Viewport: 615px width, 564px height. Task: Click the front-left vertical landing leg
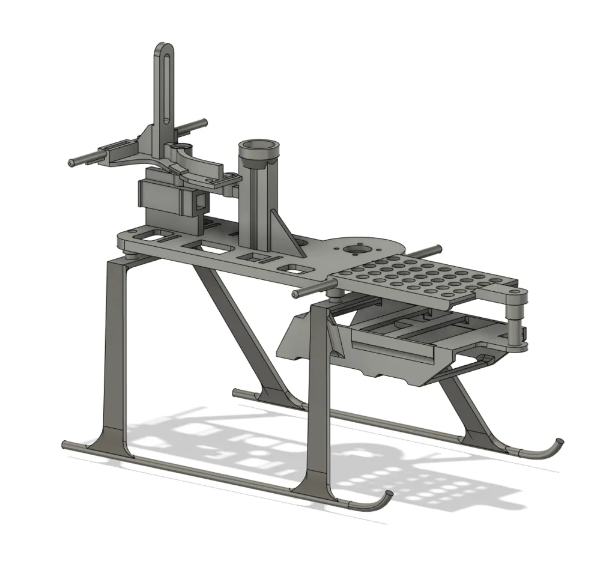point(115,348)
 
